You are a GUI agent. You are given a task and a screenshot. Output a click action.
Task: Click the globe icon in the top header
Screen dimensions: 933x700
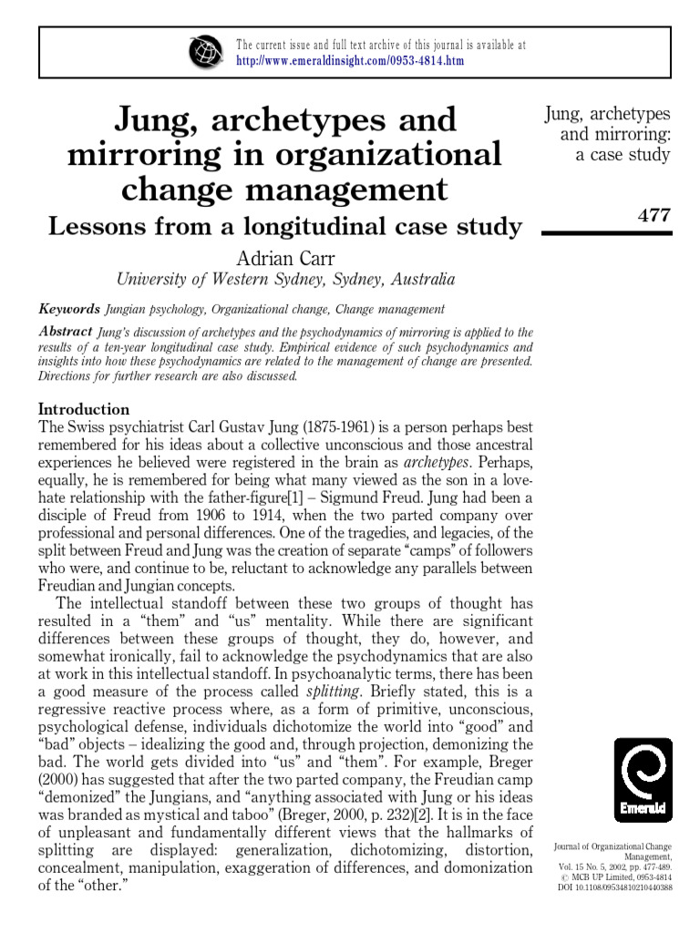[x=206, y=52]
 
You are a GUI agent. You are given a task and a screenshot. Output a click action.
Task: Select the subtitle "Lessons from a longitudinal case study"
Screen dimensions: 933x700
[x=284, y=226]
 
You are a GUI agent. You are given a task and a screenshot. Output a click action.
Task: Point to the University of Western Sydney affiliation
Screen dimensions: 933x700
[x=284, y=280]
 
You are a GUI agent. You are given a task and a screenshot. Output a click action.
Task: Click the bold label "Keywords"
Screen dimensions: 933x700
[x=68, y=310]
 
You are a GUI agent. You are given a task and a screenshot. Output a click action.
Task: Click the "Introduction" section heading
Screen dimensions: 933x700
[x=83, y=409]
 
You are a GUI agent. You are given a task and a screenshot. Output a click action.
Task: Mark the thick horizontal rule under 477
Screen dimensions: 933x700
[x=606, y=233]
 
